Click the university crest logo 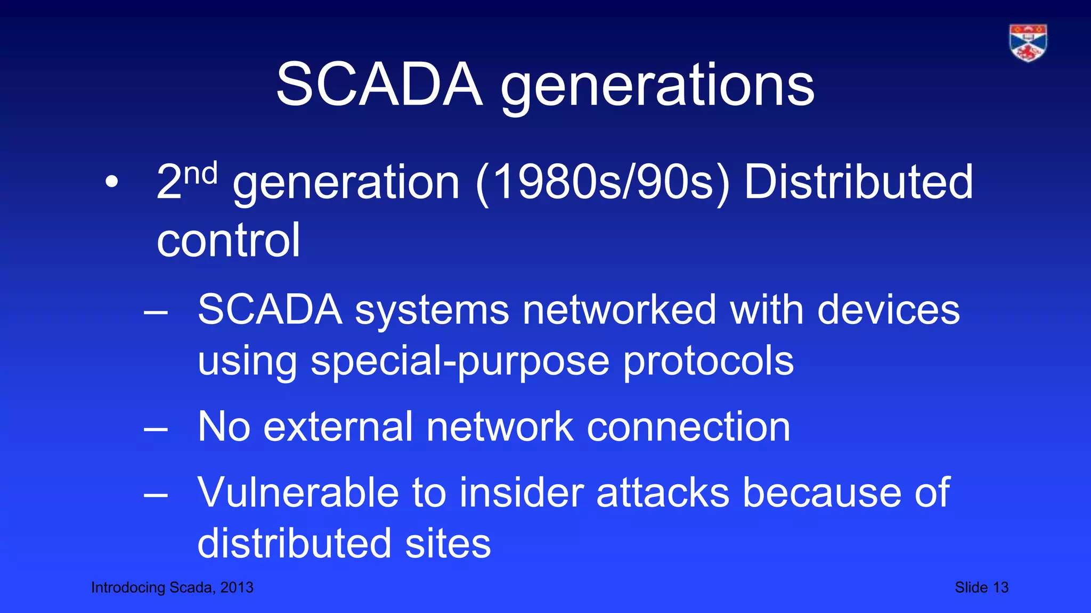1028,43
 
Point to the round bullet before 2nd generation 111,183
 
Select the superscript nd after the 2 201,174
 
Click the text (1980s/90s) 603,183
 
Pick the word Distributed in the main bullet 858,183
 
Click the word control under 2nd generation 229,241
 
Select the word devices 888,310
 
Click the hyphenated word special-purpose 460,361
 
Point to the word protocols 708,361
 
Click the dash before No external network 156,429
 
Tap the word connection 688,427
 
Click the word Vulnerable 298,492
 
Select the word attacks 663,492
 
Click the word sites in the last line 447,543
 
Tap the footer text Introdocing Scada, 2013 172,587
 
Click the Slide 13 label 981,587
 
